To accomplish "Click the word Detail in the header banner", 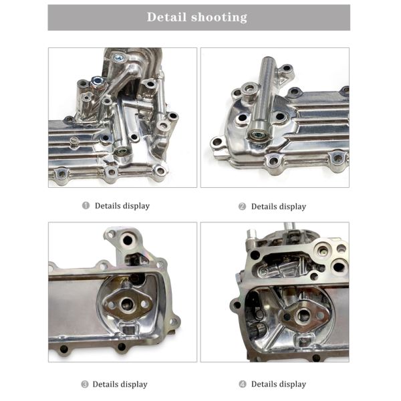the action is pyautogui.click(x=166, y=17).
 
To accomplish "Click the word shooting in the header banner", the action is pyautogui.click(x=219, y=17).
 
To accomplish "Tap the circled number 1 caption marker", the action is pyautogui.click(x=86, y=205).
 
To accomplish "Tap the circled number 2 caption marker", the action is pyautogui.click(x=242, y=206).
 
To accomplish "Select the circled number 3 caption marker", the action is pyautogui.click(x=85, y=384).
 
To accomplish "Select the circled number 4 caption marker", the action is pyautogui.click(x=243, y=384).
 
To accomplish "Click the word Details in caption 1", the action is pyautogui.click(x=108, y=206).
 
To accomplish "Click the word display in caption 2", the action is pyautogui.click(x=293, y=207).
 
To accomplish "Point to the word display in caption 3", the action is pyautogui.click(x=134, y=385).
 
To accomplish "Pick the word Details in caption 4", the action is pyautogui.click(x=264, y=384).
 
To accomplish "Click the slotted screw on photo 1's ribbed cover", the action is pyautogui.click(x=74, y=140).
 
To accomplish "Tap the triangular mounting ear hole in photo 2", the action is pyautogui.click(x=287, y=69).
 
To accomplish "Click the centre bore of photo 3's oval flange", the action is pyautogui.click(x=128, y=304).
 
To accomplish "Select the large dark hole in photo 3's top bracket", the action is pyautogui.click(x=128, y=240).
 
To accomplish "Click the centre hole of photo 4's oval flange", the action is pyautogui.click(x=303, y=315).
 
